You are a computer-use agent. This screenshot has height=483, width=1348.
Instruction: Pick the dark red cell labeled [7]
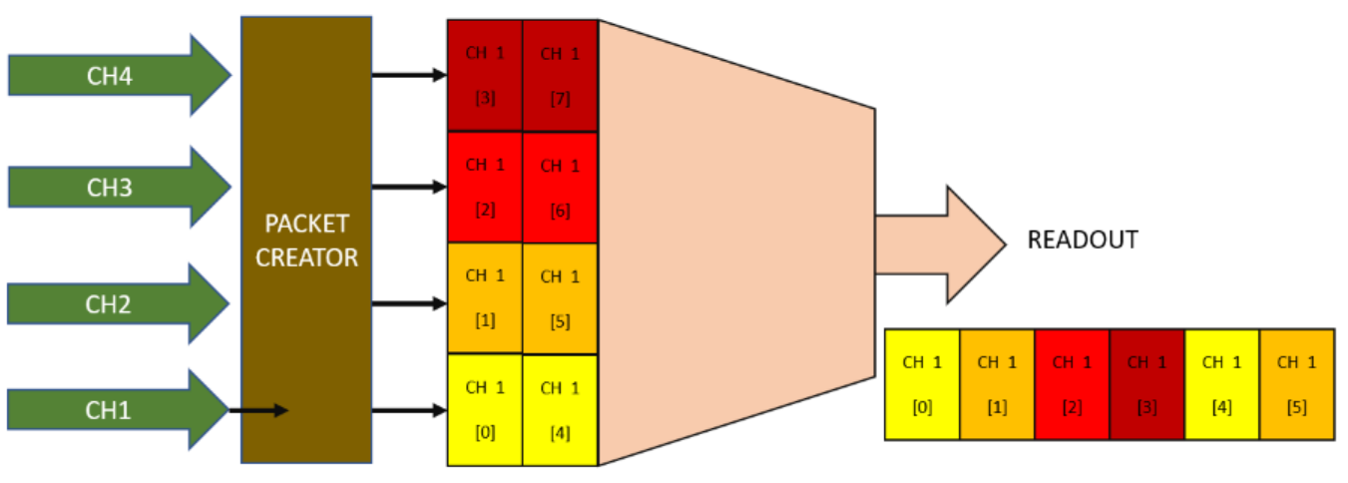(560, 75)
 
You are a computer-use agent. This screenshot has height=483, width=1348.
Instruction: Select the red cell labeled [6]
(560, 188)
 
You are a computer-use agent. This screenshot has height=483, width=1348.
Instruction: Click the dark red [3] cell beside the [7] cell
(485, 75)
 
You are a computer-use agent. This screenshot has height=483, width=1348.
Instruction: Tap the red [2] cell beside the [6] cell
(485, 188)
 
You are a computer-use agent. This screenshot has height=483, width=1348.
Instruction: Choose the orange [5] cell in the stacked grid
(560, 298)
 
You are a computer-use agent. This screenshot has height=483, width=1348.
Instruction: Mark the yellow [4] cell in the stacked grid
(560, 409)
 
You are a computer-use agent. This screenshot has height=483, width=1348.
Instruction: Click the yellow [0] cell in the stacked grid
(485, 409)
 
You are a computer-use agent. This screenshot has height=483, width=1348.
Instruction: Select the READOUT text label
(1083, 241)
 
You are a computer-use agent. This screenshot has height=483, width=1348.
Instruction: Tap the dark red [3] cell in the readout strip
(1146, 384)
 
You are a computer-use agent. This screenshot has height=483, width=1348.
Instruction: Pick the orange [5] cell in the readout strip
(1297, 384)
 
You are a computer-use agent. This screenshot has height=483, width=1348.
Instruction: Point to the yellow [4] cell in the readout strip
(1221, 384)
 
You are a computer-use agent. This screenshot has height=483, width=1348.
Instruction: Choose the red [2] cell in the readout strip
(1072, 384)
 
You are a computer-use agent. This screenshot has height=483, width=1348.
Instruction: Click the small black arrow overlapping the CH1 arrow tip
(259, 410)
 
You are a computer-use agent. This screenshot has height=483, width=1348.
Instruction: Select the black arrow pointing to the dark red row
(408, 74)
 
